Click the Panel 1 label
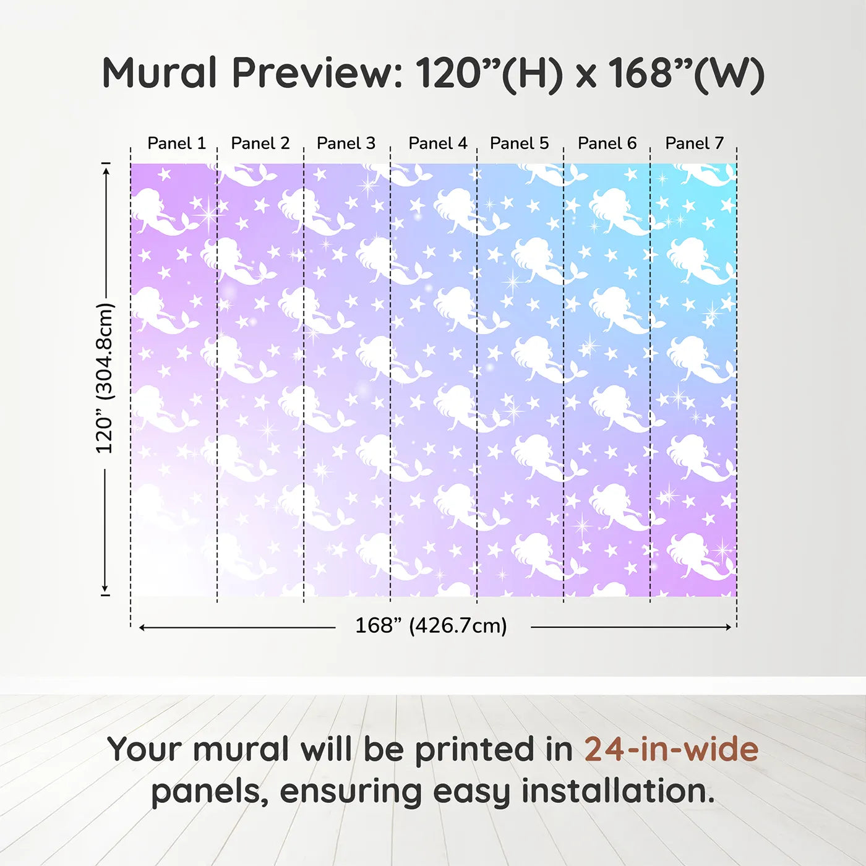coord(177,144)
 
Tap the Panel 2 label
coord(260,144)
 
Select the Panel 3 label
coord(346,144)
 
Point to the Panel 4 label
coord(438,144)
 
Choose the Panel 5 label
coord(520,144)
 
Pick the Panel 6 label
coord(607,144)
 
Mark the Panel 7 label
coord(694,144)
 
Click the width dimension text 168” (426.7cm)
coord(431,625)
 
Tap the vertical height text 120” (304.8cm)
coord(105,378)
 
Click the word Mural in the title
coord(160,73)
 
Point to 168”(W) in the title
coord(686,75)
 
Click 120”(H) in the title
coord(489,75)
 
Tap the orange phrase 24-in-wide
coord(671,749)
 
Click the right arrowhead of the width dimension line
coord(729,627)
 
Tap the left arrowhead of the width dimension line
coord(142,627)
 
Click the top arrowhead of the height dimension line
coord(106,171)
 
